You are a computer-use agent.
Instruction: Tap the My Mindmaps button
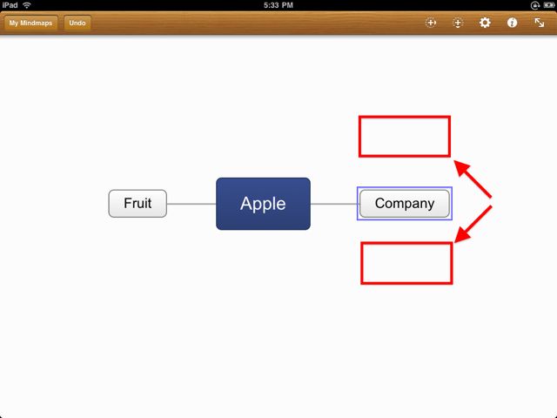[x=30, y=24]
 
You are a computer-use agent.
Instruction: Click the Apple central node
[x=263, y=204]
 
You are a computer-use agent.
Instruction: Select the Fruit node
[x=138, y=203]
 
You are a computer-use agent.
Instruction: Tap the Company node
[x=405, y=203]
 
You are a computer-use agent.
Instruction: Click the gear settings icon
[x=485, y=23]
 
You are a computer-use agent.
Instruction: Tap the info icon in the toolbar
[x=512, y=23]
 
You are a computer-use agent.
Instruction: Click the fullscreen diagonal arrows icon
[x=540, y=23]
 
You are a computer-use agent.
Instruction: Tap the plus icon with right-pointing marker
[x=431, y=23]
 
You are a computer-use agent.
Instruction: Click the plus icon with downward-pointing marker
[x=458, y=24]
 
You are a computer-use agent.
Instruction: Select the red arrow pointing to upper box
[x=473, y=179]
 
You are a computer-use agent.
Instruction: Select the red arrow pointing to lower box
[x=473, y=225]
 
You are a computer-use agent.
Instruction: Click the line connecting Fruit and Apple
[x=191, y=204]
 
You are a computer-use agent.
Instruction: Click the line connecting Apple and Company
[x=335, y=204]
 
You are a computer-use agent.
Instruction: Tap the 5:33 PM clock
[x=278, y=5]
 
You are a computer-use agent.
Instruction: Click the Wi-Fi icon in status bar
[x=27, y=5]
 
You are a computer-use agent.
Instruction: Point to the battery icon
[x=548, y=5]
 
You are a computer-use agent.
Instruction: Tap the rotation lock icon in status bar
[x=534, y=5]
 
